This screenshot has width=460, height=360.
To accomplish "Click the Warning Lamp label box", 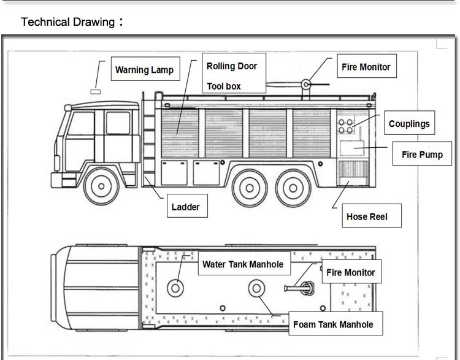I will (x=144, y=69).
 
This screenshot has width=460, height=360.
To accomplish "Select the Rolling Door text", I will (x=231, y=66).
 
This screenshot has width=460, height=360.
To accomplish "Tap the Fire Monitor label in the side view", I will (x=366, y=66).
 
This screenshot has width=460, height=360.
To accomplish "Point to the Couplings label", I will (x=409, y=123).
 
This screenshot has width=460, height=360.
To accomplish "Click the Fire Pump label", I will (x=421, y=155).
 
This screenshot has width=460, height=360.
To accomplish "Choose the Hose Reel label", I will (x=367, y=216).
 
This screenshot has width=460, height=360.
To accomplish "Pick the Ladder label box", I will (x=185, y=207).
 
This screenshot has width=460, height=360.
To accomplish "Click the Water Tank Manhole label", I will (x=243, y=264).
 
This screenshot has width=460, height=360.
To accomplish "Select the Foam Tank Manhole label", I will (x=333, y=324).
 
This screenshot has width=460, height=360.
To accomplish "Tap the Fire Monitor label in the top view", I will (x=350, y=272).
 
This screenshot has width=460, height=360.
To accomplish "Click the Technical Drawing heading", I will (x=68, y=22).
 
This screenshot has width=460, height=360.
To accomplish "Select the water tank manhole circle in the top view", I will (x=175, y=287).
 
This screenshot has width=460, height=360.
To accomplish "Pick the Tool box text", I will (x=224, y=86).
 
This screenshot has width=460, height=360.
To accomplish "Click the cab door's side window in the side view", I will (x=118, y=123).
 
